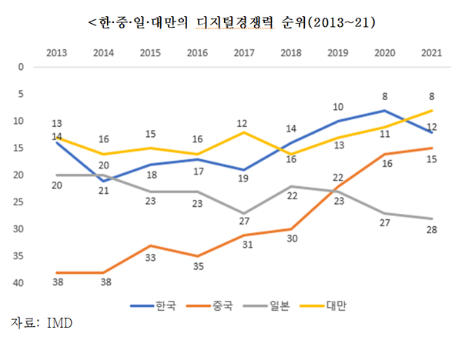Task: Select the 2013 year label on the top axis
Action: point(56,52)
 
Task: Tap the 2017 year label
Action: point(244,52)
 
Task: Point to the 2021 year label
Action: point(432,52)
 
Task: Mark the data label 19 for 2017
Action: point(244,179)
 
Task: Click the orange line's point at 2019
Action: point(338,186)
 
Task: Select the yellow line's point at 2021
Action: point(432,110)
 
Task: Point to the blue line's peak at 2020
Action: point(385,110)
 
